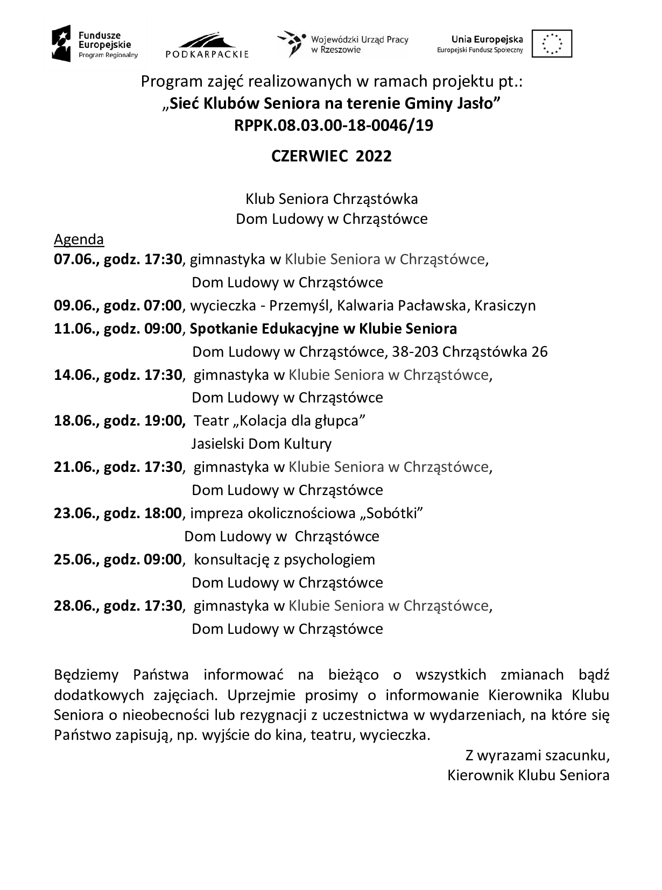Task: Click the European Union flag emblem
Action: (x=552, y=44)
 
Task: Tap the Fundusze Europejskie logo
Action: (x=95, y=44)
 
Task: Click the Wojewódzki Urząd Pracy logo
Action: (x=342, y=44)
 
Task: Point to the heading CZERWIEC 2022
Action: (x=331, y=156)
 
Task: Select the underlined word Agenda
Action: (x=79, y=239)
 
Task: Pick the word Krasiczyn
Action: (x=506, y=306)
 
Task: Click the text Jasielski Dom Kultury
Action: (x=262, y=444)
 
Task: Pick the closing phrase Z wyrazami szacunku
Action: (x=537, y=756)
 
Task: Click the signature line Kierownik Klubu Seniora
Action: (x=528, y=775)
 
